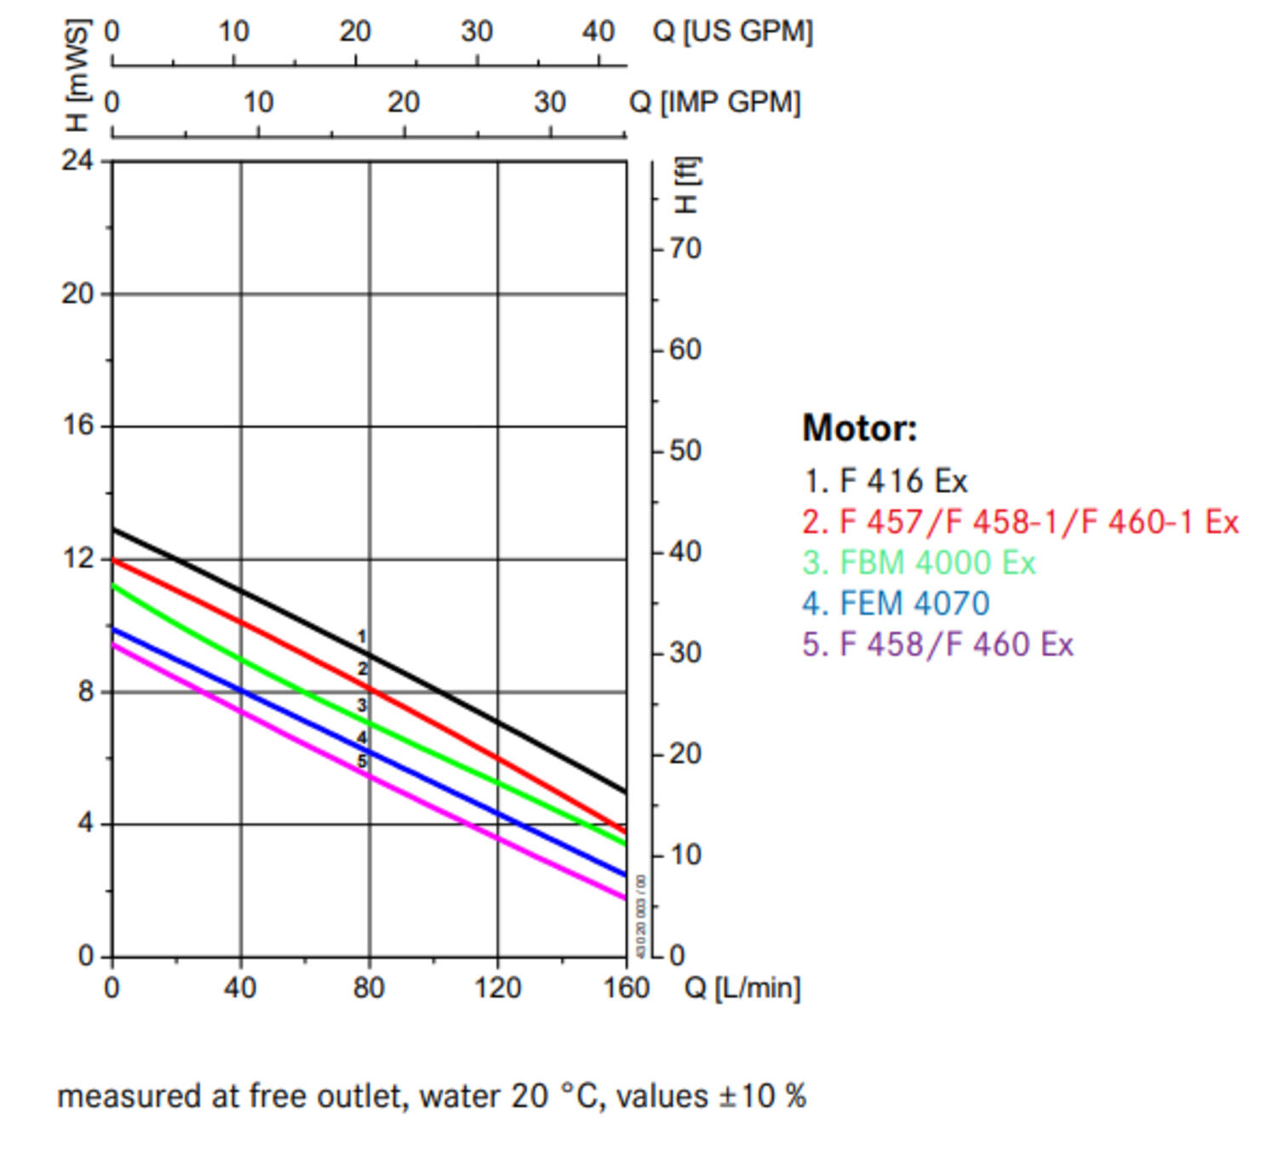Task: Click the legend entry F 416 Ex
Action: pos(885,481)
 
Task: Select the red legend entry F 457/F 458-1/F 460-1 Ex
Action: pos(1020,522)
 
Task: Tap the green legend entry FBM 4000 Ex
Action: pos(919,563)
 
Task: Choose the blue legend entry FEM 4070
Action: pos(896,604)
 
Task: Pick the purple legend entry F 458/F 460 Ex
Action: pos(937,645)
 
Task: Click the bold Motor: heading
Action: pos(860,427)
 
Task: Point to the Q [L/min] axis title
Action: pos(742,988)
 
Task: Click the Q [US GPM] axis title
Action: pos(732,32)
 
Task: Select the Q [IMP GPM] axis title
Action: pos(714,102)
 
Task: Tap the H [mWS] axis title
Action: pos(77,77)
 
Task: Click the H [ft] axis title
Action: pos(685,185)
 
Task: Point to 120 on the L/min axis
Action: pos(498,988)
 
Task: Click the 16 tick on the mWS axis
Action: pos(77,425)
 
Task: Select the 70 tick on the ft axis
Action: pos(684,249)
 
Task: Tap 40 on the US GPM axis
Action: pos(598,32)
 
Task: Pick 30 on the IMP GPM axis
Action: pos(550,102)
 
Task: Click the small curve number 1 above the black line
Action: pos(362,636)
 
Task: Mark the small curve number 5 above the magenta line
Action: pos(362,761)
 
